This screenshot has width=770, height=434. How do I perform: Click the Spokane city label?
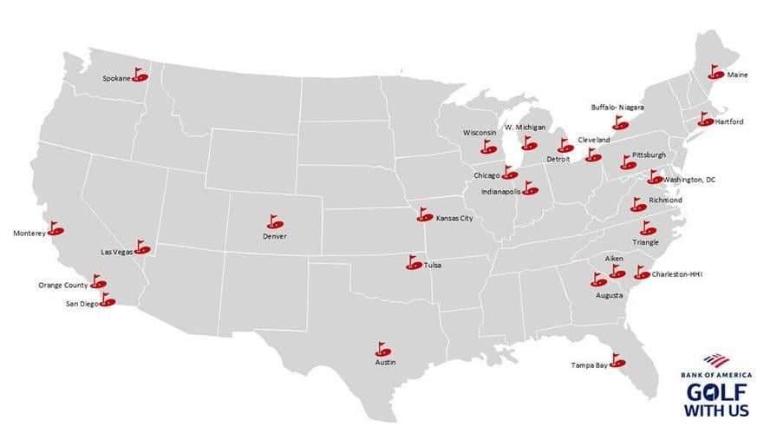tap(116, 79)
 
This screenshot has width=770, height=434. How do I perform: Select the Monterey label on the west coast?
tap(29, 233)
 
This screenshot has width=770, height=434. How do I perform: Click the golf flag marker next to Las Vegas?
tap(141, 248)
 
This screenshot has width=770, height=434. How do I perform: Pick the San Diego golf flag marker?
tap(107, 301)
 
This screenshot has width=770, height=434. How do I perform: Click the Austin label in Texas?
tap(385, 363)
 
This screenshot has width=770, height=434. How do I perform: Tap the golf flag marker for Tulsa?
tap(415, 262)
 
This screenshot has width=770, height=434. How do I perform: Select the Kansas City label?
tap(454, 219)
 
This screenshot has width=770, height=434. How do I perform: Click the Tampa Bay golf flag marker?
tap(618, 360)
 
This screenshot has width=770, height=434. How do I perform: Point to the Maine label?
tap(737, 76)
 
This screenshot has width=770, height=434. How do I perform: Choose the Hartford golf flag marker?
tap(703, 121)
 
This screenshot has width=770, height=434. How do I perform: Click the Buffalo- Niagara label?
tap(617, 108)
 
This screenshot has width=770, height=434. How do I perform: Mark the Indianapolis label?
tap(503, 190)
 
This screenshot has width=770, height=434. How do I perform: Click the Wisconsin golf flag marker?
tap(488, 148)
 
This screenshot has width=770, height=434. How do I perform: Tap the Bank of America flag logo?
tap(715, 359)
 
